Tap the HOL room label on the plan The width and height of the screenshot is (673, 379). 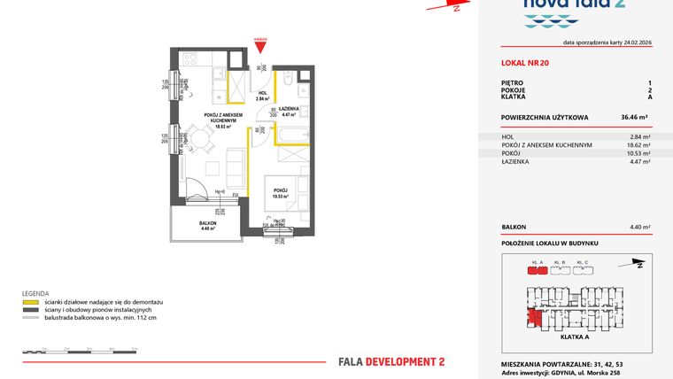pyautogui.click(x=262, y=93)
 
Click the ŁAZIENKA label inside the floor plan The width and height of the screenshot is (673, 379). pyautogui.click(x=289, y=109)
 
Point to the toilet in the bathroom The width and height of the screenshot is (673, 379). pyautogui.click(x=289, y=82)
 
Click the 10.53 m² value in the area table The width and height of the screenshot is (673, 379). pyautogui.click(x=640, y=153)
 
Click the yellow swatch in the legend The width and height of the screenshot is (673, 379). pyautogui.click(x=31, y=303)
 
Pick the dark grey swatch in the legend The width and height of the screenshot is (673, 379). pyautogui.click(x=31, y=310)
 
